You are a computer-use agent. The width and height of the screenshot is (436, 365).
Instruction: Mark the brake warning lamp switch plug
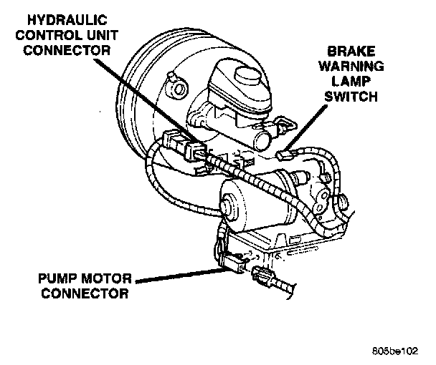tap(285, 153)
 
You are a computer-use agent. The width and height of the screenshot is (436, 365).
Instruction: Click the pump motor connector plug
tap(234, 266)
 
